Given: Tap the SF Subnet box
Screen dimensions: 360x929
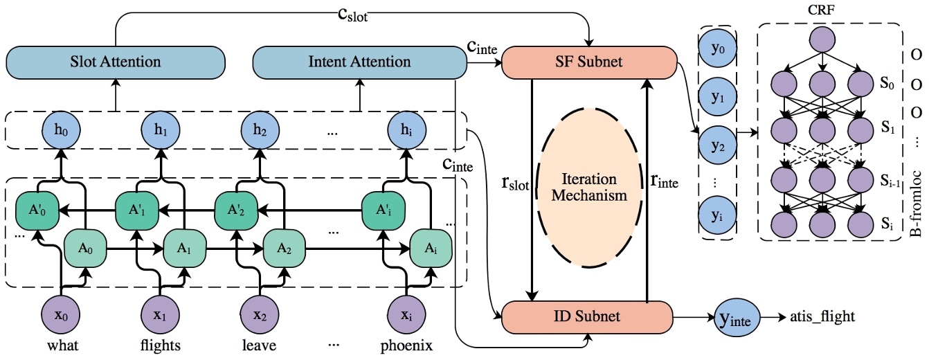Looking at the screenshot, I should tap(588, 62).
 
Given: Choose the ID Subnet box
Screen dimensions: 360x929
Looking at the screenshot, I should tap(587, 317).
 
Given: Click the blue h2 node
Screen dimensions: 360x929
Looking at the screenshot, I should tap(260, 129).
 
